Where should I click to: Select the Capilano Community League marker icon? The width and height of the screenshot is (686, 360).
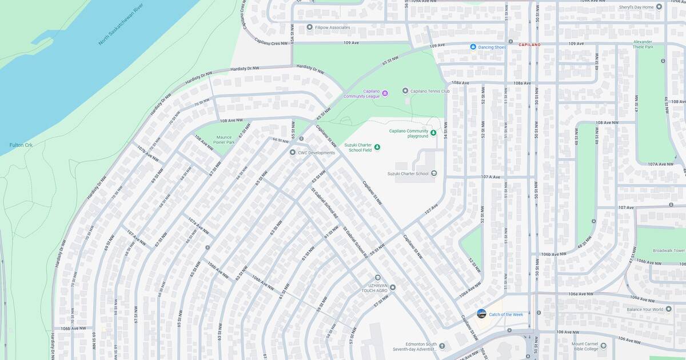(385, 93)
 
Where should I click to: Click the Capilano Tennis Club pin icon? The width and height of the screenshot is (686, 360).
(405, 91)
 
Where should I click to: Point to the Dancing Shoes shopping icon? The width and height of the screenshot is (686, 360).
(473, 47)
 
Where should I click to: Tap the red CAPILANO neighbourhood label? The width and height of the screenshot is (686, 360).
(529, 45)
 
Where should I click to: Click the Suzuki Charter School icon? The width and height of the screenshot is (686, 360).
(433, 173)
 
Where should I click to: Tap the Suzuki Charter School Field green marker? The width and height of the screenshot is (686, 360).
(377, 147)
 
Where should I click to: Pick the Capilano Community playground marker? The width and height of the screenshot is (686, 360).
(433, 133)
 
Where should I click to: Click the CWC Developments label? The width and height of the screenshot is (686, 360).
(316, 153)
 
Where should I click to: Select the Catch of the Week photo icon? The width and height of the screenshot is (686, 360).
(481, 314)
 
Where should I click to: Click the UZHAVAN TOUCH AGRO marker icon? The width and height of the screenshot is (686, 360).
(392, 287)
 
